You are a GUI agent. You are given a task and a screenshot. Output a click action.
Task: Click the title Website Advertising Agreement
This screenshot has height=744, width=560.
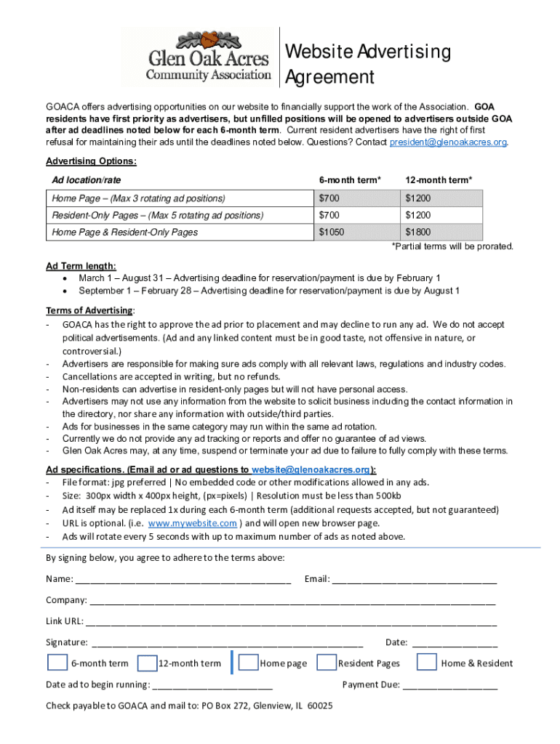point(367,64)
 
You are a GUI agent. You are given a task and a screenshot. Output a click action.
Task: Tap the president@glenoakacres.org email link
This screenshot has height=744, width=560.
point(448,142)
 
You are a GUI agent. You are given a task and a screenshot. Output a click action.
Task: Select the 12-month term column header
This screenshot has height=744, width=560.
point(439,179)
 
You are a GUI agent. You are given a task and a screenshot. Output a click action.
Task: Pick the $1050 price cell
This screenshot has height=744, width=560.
point(332,232)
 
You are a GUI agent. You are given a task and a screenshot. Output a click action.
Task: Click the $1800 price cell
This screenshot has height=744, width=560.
point(418,232)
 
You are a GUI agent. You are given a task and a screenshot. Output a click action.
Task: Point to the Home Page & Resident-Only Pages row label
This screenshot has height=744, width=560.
point(124,232)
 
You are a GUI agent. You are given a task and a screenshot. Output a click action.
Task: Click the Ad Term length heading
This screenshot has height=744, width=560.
point(81,266)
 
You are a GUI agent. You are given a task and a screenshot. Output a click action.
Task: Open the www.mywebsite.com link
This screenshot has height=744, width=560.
point(192,523)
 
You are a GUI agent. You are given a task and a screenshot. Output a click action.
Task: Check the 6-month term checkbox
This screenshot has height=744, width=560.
point(57,662)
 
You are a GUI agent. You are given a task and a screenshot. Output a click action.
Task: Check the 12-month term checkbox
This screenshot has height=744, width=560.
point(147,663)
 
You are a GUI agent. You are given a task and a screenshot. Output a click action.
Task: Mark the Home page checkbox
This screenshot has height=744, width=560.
point(249,663)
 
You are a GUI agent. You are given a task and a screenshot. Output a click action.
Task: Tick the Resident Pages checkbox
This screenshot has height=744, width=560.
point(327,663)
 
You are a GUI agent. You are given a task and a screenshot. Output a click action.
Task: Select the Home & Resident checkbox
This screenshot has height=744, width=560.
point(427,662)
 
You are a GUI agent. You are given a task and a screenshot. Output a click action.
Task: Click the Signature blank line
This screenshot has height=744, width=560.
point(227,642)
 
